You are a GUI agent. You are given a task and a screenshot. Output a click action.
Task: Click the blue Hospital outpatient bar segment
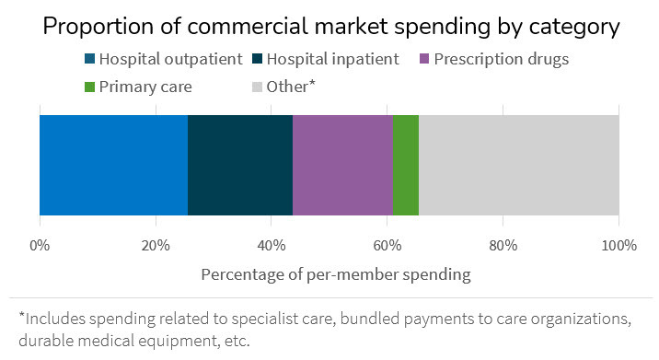point(113,165)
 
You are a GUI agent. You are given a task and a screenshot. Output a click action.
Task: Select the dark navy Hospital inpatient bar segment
point(240,165)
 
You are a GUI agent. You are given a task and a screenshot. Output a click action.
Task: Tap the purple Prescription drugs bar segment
point(342,165)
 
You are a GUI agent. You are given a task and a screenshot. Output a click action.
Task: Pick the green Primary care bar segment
point(406,165)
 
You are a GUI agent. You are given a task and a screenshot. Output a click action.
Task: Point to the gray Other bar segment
point(519,165)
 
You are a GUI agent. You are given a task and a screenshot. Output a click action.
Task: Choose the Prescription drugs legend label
point(503,60)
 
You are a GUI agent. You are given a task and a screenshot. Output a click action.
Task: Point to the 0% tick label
point(40,246)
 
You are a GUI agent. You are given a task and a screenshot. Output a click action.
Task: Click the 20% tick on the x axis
point(156,246)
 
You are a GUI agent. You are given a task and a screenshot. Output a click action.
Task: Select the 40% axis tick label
point(272,246)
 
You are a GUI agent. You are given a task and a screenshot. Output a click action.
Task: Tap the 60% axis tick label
point(387,246)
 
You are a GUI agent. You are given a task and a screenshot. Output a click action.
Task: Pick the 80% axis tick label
point(503,246)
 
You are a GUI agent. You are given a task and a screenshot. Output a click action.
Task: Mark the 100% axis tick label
point(619,246)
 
